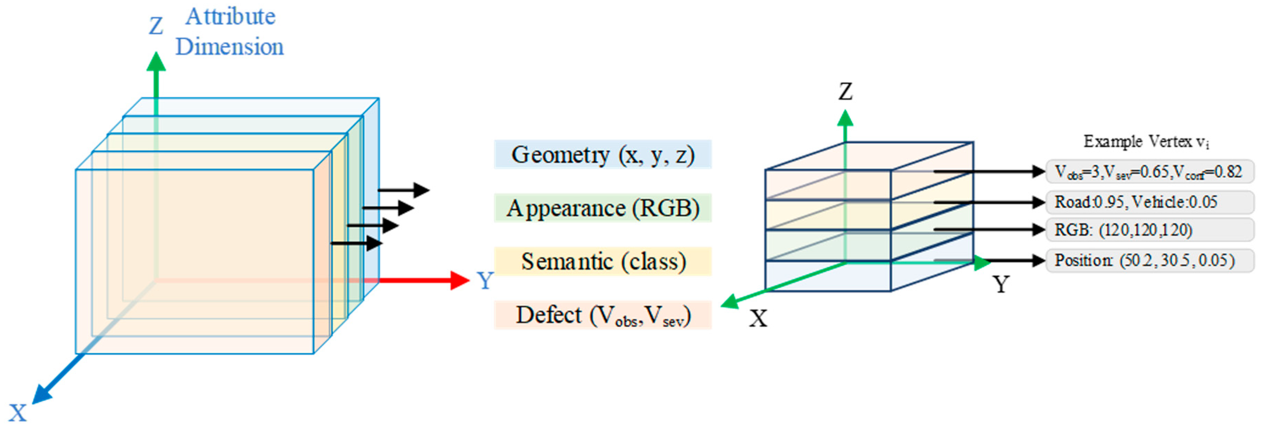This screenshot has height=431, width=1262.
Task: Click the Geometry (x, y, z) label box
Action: [603, 155]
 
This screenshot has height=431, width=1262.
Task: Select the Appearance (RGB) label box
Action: [603, 208]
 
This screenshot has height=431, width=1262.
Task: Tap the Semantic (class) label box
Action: [603, 261]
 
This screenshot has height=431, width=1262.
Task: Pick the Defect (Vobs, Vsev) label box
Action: [603, 315]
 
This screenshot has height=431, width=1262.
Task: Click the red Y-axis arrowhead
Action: [459, 280]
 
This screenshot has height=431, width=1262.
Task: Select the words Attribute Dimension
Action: [230, 32]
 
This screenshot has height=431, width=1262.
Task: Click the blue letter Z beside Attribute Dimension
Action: [156, 26]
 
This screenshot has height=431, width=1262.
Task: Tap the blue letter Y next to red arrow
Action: [485, 280]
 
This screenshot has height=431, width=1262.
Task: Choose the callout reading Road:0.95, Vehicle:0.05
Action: [1149, 202]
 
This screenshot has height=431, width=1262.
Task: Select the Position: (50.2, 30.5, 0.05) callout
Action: [1149, 260]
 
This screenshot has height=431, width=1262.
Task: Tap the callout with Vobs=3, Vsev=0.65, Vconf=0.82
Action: [1149, 172]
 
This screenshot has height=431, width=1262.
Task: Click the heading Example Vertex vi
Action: [1146, 142]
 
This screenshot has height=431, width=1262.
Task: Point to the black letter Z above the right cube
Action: [845, 92]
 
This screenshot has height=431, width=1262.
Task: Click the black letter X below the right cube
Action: [758, 318]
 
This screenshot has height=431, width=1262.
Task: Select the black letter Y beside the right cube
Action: [1001, 284]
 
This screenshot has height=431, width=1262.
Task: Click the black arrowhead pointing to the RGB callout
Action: [1039, 229]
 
